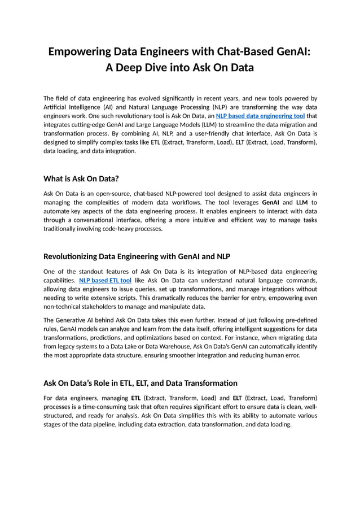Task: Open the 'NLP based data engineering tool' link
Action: click(x=260, y=115)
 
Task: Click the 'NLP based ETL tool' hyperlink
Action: click(x=106, y=280)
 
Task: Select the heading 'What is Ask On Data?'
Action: click(x=81, y=179)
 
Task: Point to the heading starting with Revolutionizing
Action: click(x=137, y=257)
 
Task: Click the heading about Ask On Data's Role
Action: click(x=141, y=383)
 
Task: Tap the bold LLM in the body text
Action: click(x=302, y=202)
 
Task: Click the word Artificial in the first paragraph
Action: click(x=55, y=107)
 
